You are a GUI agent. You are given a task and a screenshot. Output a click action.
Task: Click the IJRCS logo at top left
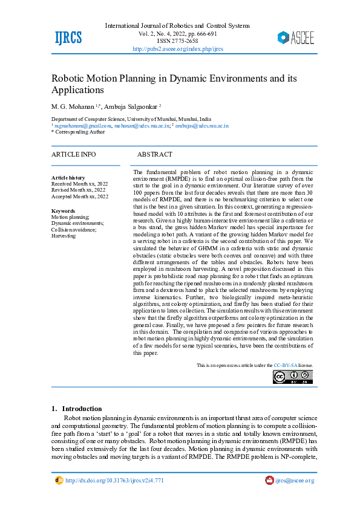[x=68, y=37]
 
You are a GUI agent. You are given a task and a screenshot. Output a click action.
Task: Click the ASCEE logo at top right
[x=296, y=37]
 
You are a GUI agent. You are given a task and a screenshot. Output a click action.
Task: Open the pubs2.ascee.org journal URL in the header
[x=177, y=48]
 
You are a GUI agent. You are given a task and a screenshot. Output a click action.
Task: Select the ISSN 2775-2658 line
[x=177, y=41]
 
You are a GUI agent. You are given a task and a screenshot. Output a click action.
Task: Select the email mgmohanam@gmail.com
[x=79, y=126]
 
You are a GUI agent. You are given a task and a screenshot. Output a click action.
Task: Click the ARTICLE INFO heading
[x=73, y=155]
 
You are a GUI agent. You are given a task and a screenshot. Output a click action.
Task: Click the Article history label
[x=68, y=178]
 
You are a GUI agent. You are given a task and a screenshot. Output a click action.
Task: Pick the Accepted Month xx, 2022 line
[x=80, y=196]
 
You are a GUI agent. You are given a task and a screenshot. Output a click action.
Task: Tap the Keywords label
[x=64, y=211]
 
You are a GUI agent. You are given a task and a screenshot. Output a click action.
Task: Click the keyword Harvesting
[x=64, y=236]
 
